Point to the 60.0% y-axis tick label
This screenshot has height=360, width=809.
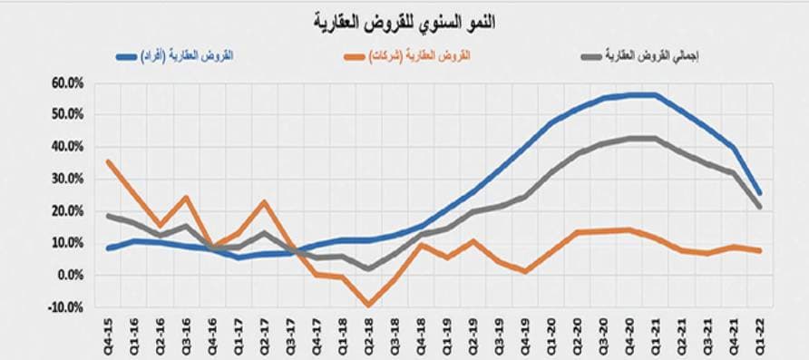(68, 83)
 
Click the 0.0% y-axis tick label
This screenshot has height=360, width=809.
(71, 275)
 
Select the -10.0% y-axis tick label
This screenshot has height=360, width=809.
(68, 307)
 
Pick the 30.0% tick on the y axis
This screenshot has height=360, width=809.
(68, 179)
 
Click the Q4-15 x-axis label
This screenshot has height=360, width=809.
(108, 336)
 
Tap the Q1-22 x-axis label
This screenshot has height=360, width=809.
(759, 336)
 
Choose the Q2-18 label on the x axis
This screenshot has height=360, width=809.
(368, 336)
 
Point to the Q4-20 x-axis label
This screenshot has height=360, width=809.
(629, 336)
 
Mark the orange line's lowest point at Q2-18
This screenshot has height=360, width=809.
(368, 306)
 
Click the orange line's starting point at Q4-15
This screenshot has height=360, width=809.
(108, 161)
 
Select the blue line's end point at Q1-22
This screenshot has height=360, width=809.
(759, 193)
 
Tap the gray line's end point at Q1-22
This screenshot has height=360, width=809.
(759, 207)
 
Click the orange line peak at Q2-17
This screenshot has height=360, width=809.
(264, 201)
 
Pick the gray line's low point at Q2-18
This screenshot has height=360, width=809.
(368, 268)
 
